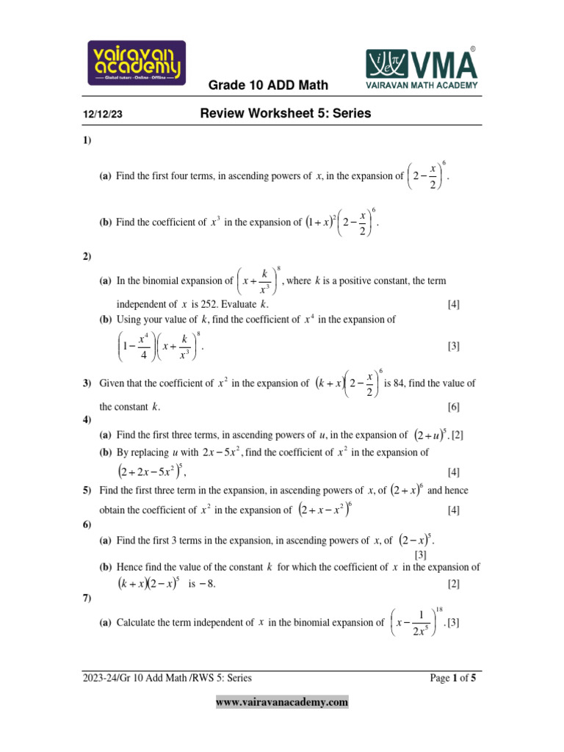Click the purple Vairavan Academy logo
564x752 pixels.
(x=137, y=62)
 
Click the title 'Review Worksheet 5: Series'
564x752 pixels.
(x=286, y=114)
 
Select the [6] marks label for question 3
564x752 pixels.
(x=454, y=406)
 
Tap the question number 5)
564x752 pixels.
(x=87, y=490)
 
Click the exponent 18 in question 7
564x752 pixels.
(x=439, y=610)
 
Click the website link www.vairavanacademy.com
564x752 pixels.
(x=281, y=702)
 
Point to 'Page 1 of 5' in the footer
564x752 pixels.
(x=453, y=679)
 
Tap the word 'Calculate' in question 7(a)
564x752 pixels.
(x=138, y=623)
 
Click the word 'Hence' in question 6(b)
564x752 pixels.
(x=130, y=567)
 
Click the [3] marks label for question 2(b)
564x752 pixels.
(x=454, y=346)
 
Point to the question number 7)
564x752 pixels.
(x=87, y=600)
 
